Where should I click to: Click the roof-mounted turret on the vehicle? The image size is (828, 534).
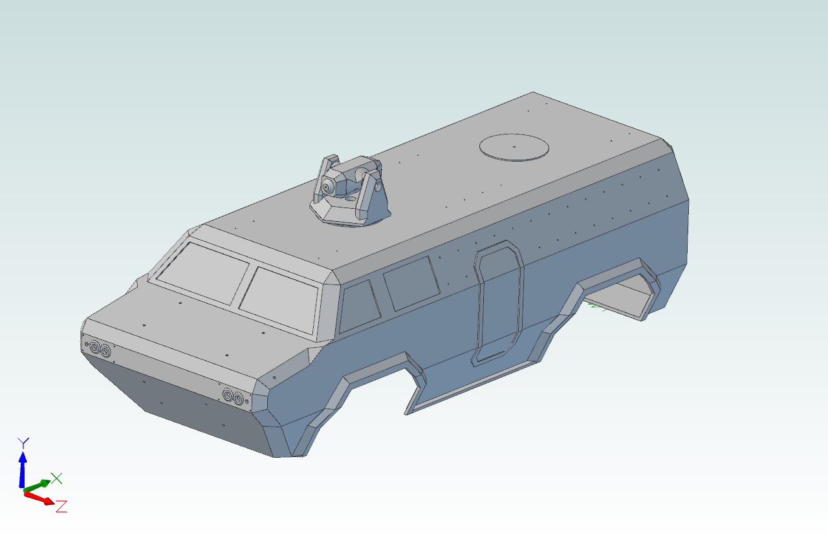349,191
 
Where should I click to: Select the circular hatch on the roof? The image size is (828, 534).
514,147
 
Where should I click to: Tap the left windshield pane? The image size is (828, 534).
202,273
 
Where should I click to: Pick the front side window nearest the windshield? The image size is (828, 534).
359,306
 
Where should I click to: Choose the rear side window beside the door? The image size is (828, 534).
411,283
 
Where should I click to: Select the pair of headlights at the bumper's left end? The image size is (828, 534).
100,348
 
